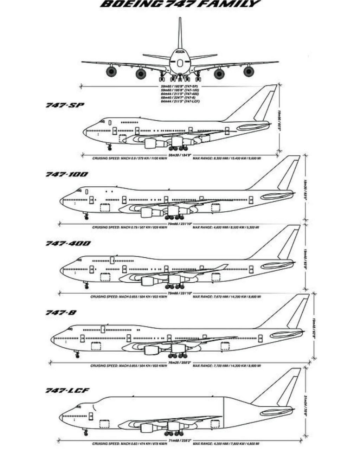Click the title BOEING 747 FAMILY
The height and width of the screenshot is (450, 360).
[x=180, y=4]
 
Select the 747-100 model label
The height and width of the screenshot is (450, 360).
[x=67, y=174]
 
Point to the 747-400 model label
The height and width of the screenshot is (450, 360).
[x=68, y=243]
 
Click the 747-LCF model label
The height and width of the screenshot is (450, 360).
[x=67, y=390]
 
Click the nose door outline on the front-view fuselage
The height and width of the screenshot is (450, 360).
[x=180, y=63]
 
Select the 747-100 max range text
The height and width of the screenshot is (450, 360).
[x=226, y=227]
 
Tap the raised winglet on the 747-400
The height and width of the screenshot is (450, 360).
[x=221, y=266]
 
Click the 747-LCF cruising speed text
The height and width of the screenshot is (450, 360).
[x=129, y=444]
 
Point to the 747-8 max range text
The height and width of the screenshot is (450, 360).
[x=226, y=366]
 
